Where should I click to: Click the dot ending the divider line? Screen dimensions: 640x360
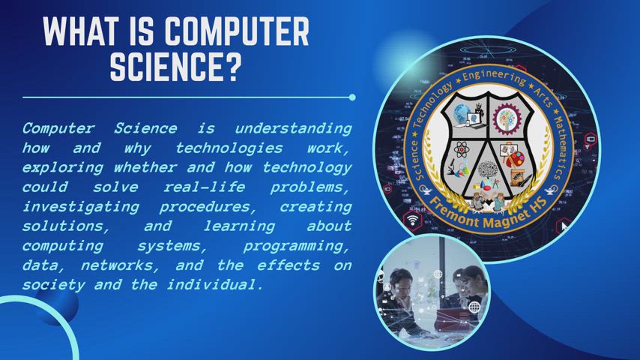pos(352,97)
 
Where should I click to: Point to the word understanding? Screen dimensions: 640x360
pos(293,129)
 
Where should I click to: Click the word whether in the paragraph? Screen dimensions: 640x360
pos(145,167)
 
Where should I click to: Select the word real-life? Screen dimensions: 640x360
pos(204,187)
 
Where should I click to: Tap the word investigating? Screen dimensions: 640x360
pos(80,207)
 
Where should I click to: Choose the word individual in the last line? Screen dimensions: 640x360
pos(216,284)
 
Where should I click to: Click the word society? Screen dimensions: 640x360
pos(53,285)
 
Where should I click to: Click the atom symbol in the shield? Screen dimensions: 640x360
pos(462,149)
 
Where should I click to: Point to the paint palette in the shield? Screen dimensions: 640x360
pos(516,158)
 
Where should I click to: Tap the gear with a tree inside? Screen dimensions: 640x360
pos(507,118)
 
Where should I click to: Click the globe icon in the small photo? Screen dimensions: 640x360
pos(474,307)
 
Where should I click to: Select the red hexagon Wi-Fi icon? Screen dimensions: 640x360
pos(413,220)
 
